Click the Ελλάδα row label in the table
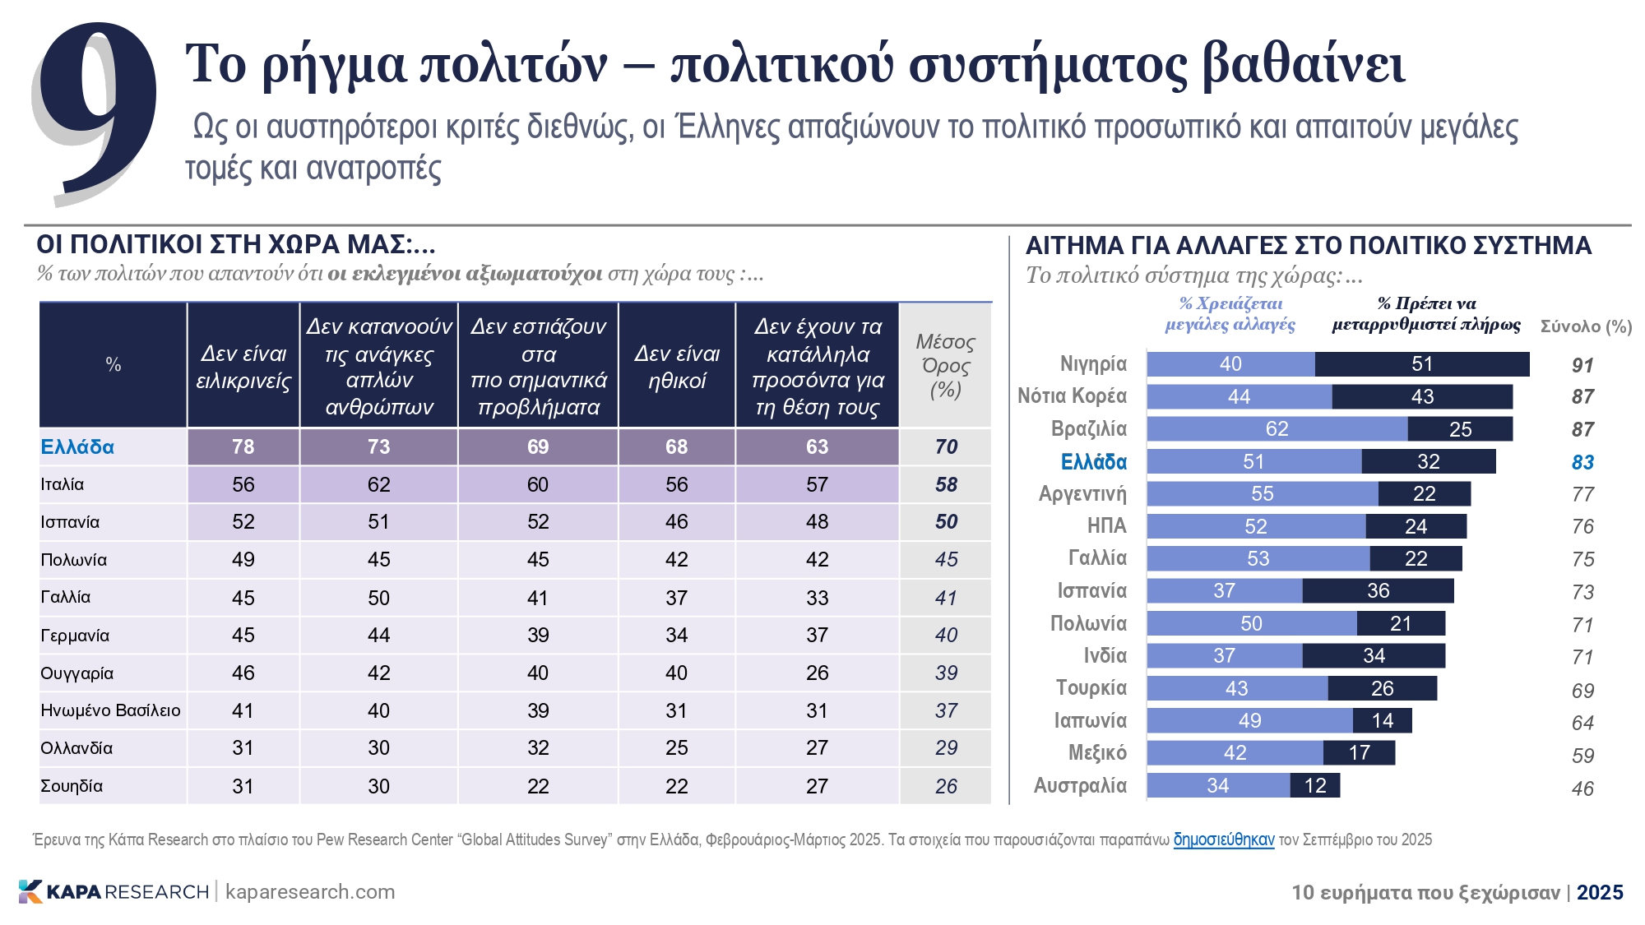(77, 447)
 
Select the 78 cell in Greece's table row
(243, 447)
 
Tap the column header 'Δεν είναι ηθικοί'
(676, 367)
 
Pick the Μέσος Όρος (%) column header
(945, 366)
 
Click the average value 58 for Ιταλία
(946, 485)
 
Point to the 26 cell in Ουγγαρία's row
(817, 673)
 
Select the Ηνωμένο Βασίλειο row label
(110, 710)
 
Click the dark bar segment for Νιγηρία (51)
(1421, 364)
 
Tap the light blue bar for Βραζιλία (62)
(1277, 429)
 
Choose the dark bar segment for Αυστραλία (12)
(1314, 786)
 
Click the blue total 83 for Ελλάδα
(1582, 463)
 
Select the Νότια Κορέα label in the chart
(1072, 396)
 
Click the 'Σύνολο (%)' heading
(1585, 326)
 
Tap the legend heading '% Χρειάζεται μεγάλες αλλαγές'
(1230, 314)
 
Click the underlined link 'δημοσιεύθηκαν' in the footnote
(1223, 839)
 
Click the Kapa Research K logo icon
(30, 891)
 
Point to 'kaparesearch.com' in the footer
(310, 892)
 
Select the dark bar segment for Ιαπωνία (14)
(1382, 721)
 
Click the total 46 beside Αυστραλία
(1582, 789)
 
